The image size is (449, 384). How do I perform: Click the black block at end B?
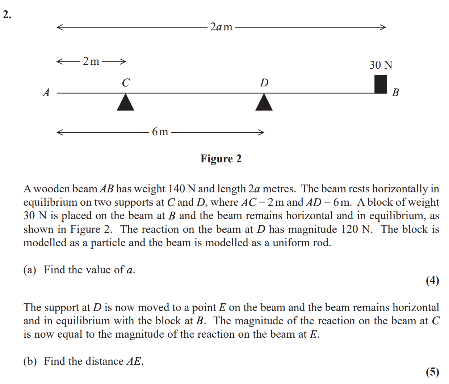click(381, 84)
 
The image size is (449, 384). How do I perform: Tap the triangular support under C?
click(126, 102)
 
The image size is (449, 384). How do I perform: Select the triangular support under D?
click(264, 102)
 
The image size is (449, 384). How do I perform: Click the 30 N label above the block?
click(381, 65)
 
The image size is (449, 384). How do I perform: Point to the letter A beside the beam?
click(46, 93)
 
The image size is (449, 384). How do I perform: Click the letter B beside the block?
click(395, 93)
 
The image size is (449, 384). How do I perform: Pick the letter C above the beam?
click(126, 83)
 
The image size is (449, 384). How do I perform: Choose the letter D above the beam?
click(264, 83)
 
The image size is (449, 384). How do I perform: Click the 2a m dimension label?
click(221, 27)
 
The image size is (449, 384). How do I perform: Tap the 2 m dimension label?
click(91, 61)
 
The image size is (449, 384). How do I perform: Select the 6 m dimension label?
click(160, 132)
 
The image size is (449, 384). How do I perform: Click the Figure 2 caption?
click(221, 159)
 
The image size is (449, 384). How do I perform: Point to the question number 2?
click(7, 15)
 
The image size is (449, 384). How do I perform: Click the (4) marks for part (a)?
click(432, 281)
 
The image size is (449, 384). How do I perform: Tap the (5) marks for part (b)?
click(432, 372)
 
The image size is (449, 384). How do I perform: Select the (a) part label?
click(30, 270)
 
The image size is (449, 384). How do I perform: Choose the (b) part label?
click(30, 362)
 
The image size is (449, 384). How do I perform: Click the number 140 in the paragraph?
click(176, 189)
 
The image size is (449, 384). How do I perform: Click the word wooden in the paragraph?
click(52, 189)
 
